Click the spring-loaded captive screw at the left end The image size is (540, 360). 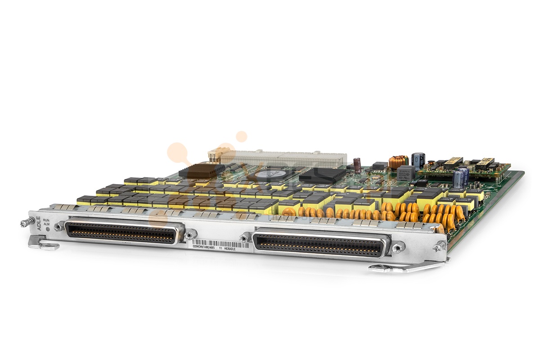(x=27, y=222)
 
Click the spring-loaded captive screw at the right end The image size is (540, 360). (x=440, y=246)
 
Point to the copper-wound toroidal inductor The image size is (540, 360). (x=397, y=161)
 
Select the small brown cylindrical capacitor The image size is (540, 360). (x=357, y=165)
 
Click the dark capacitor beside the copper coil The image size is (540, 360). (x=418, y=160)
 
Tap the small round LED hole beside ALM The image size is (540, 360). (x=48, y=229)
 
